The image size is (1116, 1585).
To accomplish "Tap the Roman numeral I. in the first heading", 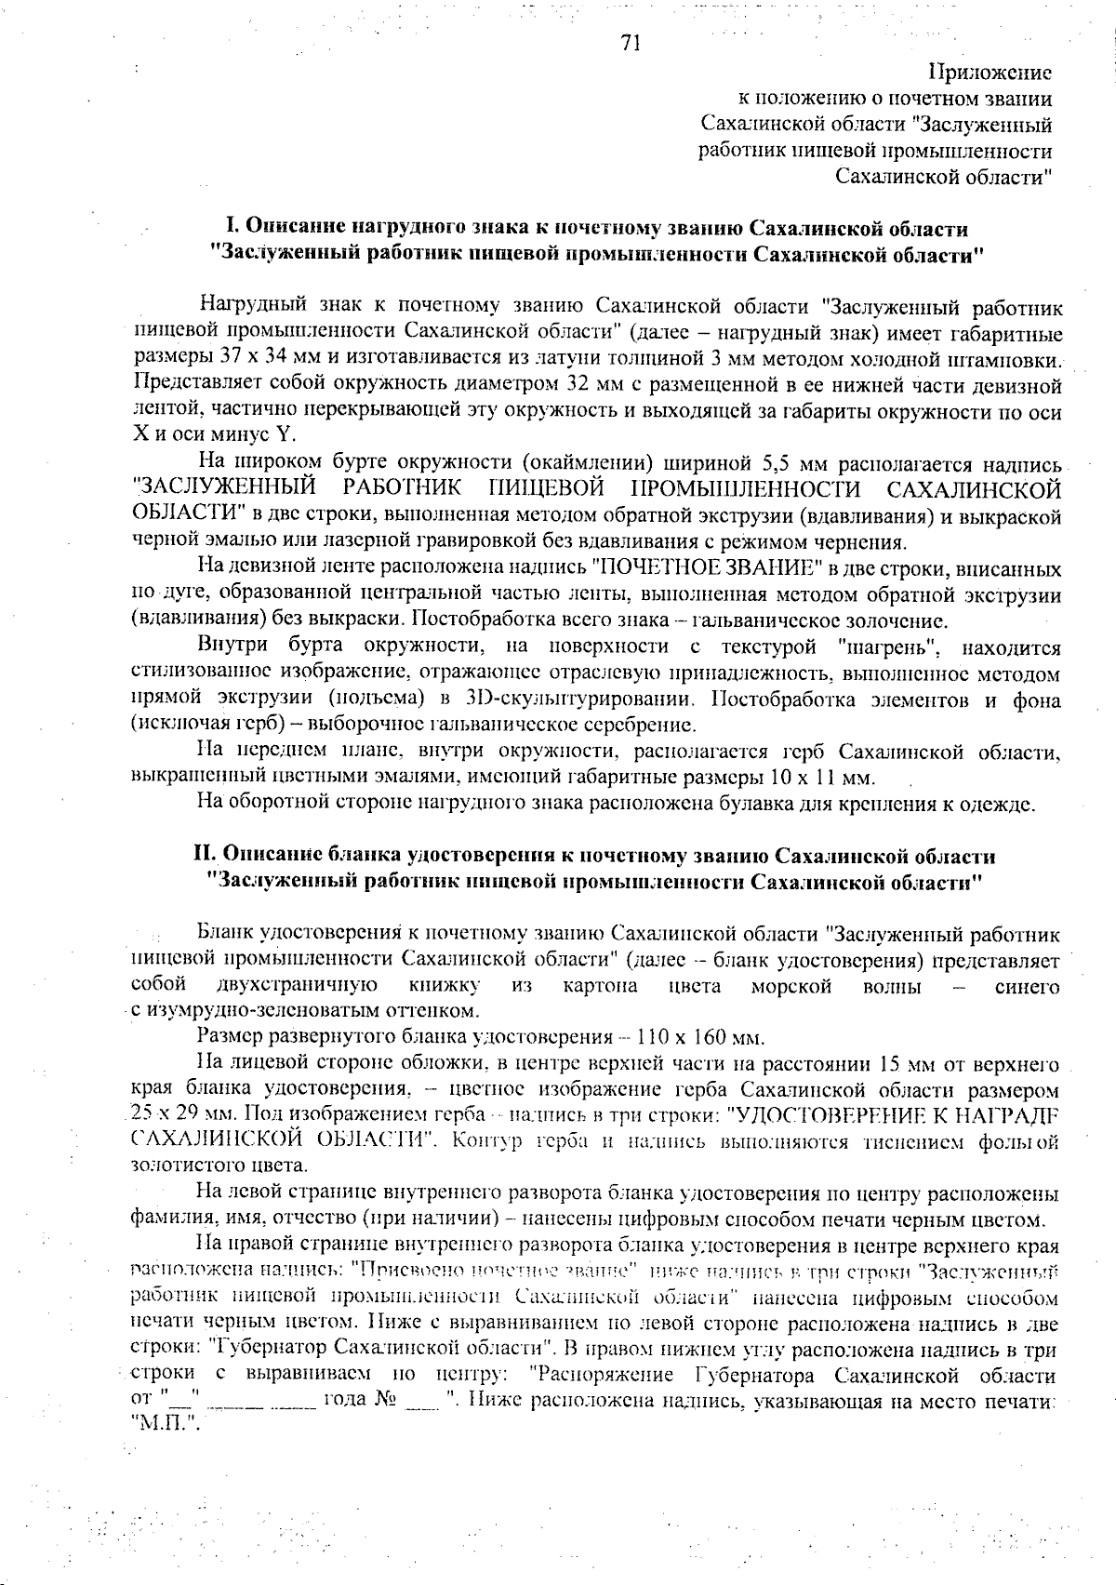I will point(234,227).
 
